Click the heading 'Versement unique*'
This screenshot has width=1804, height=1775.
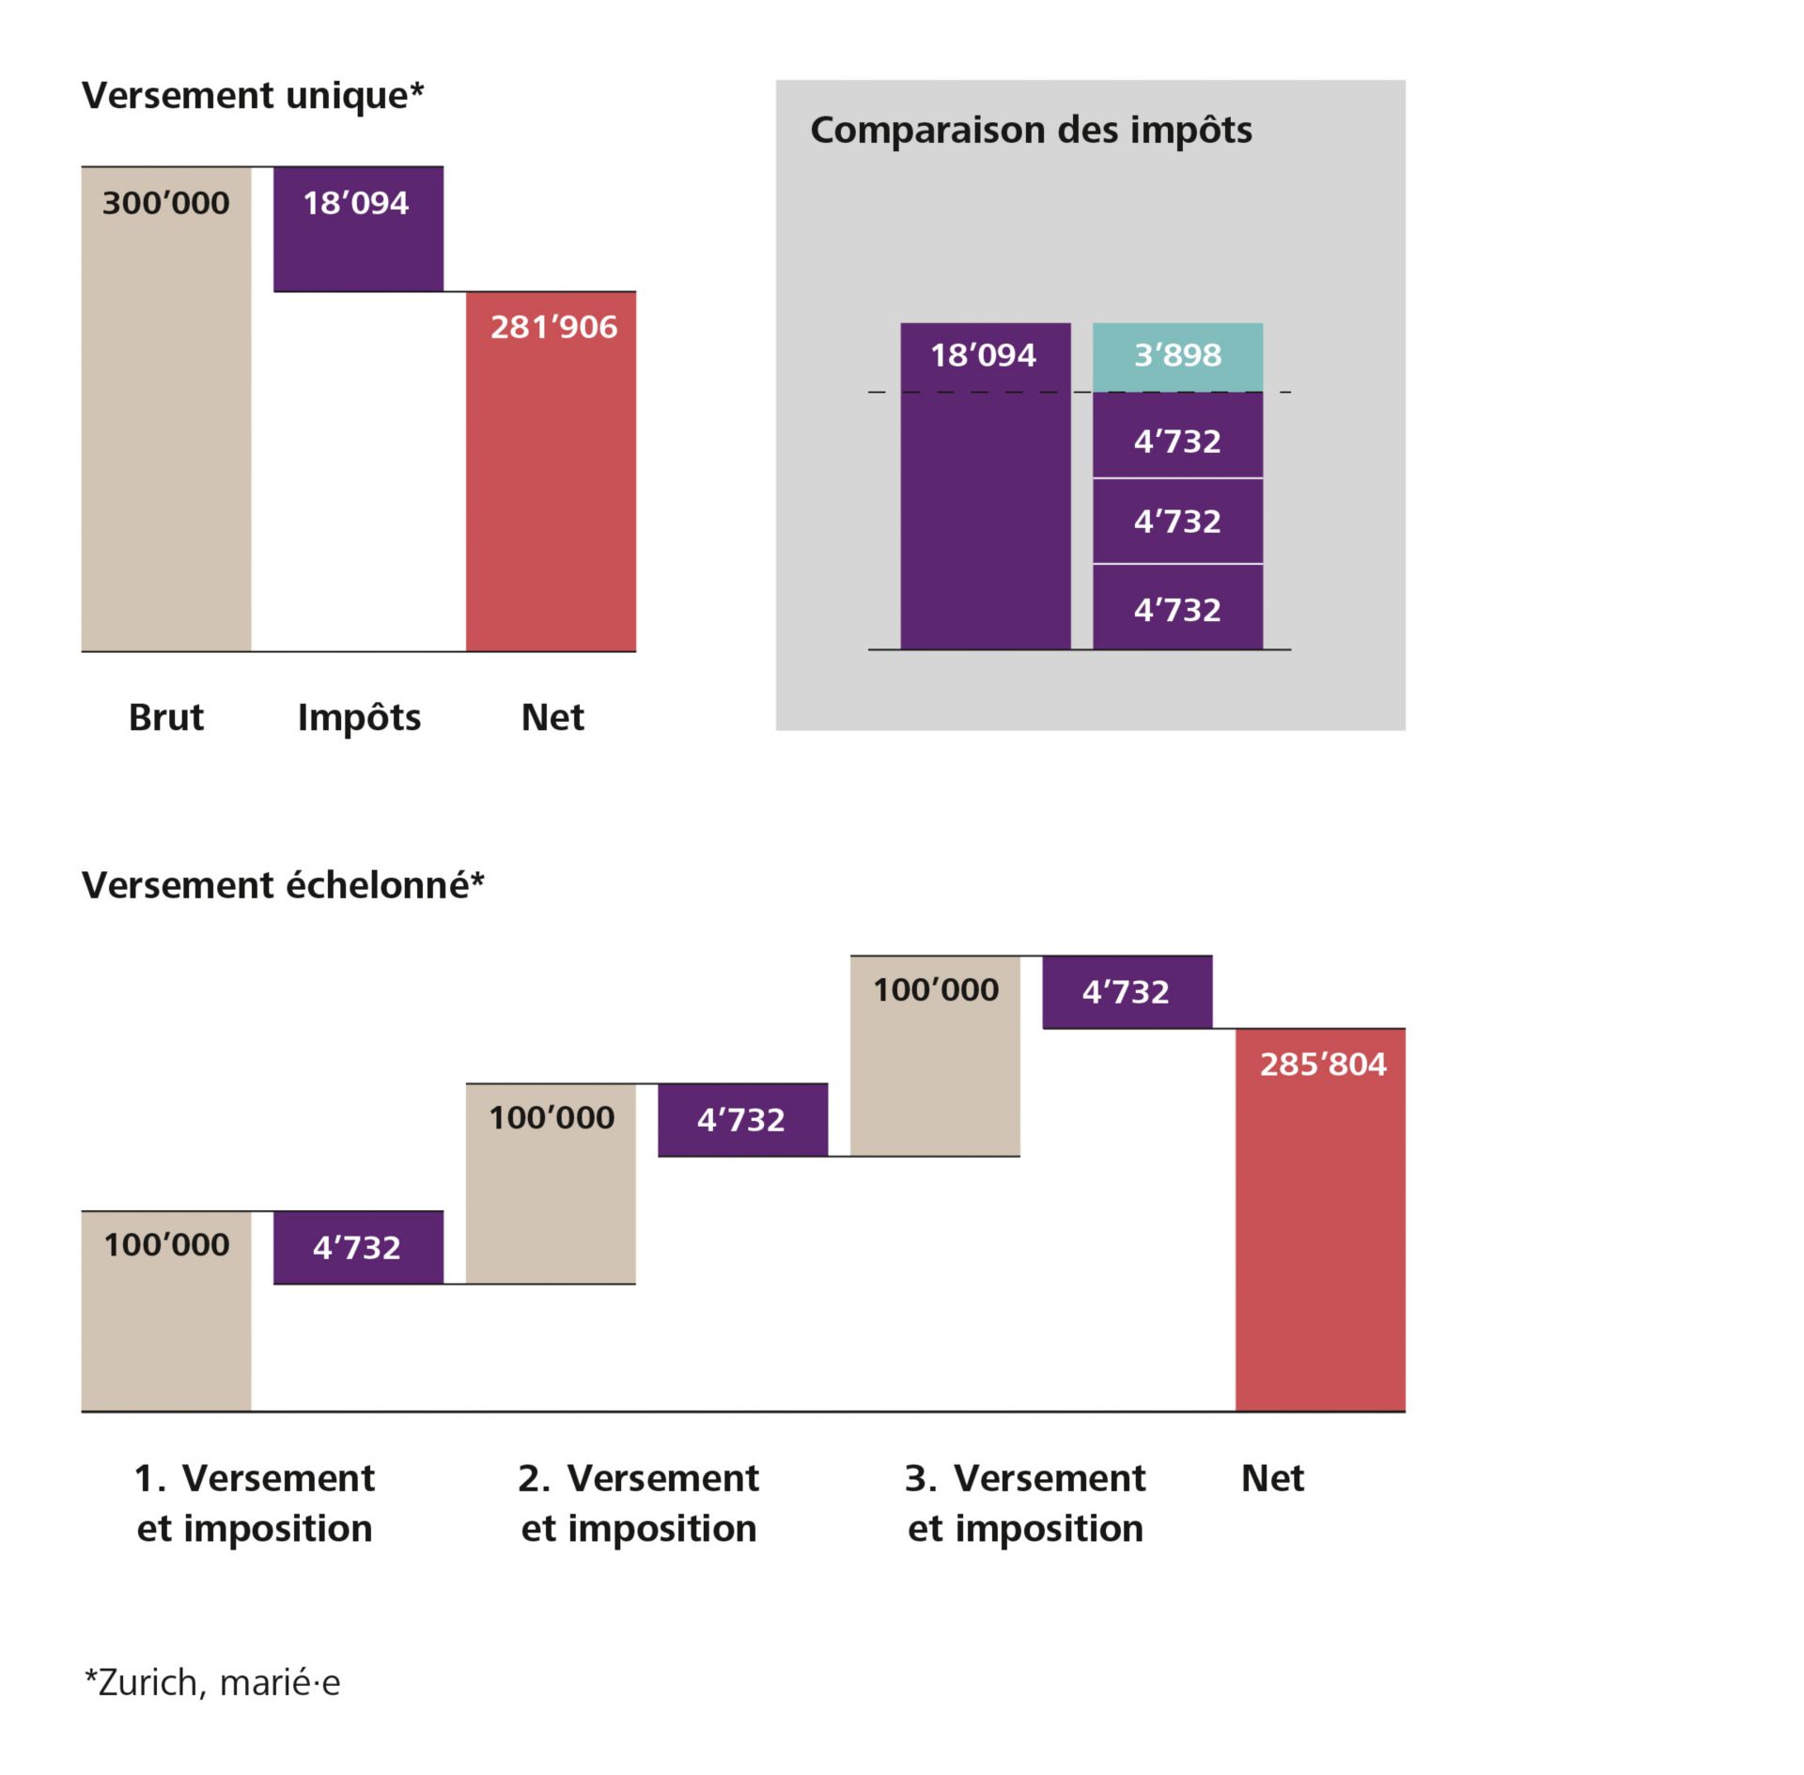point(253,96)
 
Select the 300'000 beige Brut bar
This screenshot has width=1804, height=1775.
point(166,409)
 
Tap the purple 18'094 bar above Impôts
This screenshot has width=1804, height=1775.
point(358,229)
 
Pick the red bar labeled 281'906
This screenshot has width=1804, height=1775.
point(551,472)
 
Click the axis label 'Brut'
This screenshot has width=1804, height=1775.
point(166,718)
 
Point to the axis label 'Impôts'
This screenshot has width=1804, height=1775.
point(359,718)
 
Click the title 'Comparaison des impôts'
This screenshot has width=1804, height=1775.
point(1031,130)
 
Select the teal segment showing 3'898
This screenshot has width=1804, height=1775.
point(1177,356)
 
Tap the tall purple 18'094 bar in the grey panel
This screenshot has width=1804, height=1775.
point(985,486)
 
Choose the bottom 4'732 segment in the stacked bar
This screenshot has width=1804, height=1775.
point(1177,608)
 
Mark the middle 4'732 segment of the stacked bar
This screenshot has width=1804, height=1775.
point(1177,522)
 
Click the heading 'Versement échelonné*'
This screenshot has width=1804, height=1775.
point(283,885)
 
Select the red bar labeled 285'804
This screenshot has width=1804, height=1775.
point(1320,1220)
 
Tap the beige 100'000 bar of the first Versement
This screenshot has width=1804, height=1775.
point(166,1311)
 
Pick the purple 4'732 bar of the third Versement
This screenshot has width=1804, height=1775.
point(1127,992)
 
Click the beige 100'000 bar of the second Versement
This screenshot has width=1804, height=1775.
point(551,1183)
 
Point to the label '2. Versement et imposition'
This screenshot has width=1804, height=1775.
point(639,1503)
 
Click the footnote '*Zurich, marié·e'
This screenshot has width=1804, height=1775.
point(212,1682)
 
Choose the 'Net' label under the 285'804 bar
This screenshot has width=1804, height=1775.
point(1272,1479)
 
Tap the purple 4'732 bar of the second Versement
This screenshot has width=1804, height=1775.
point(742,1120)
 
